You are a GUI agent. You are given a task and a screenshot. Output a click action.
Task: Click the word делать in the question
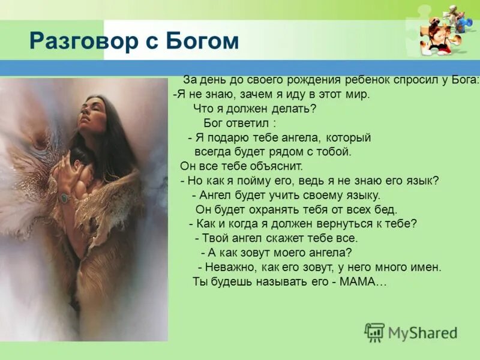point(290,109)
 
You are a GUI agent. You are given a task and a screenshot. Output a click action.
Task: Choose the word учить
point(283,195)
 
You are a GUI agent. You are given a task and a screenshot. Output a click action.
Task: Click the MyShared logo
point(410,332)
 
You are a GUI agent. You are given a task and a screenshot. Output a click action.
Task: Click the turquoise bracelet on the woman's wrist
point(64,197)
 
